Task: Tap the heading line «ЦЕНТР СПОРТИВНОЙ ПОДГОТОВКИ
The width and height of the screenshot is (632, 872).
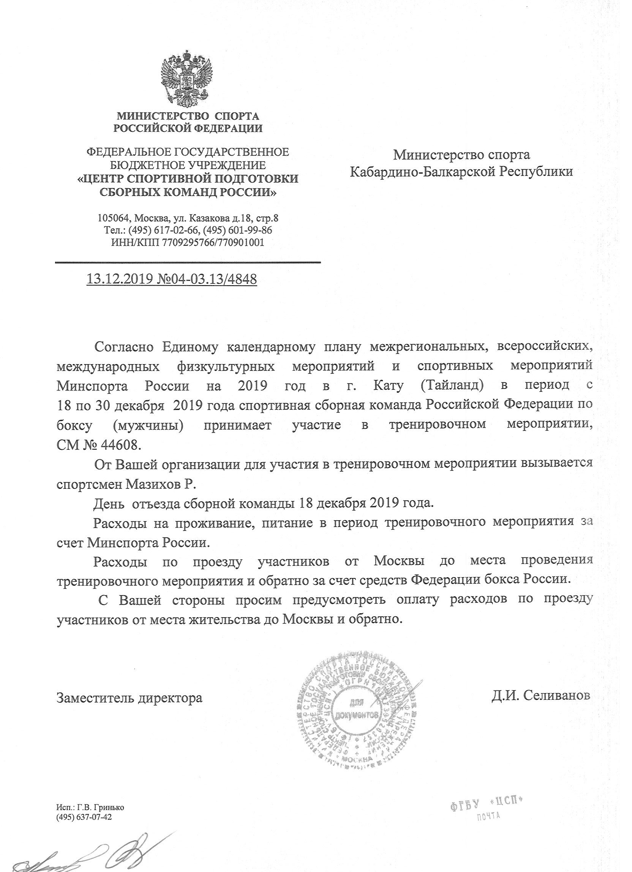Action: click(x=188, y=179)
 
